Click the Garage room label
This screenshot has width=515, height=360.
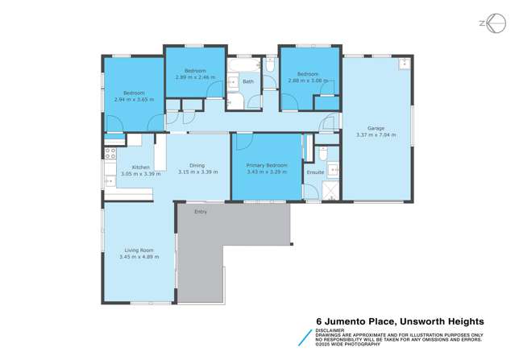(x=376, y=128)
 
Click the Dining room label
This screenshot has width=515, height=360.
(x=197, y=166)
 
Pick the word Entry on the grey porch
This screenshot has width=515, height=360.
(x=201, y=212)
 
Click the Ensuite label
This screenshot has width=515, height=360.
(x=315, y=172)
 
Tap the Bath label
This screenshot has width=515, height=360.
(x=248, y=81)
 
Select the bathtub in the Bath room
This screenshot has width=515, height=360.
(x=243, y=64)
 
